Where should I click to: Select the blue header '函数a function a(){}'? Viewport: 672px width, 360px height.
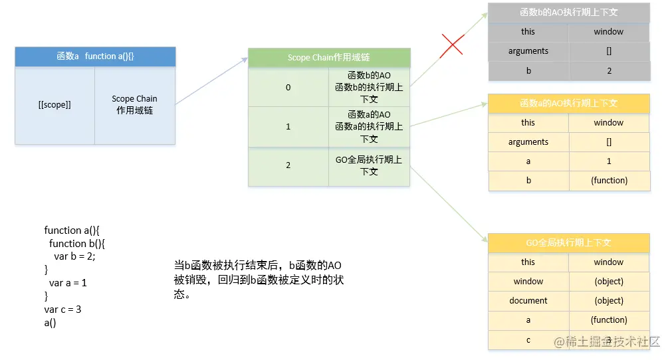(x=95, y=56)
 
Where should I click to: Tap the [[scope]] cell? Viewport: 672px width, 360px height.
(x=55, y=105)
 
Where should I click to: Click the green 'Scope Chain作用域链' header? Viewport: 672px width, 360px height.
(x=329, y=58)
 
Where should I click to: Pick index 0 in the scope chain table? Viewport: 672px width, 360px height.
(x=288, y=87)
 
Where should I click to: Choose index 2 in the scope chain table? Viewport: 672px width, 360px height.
(x=288, y=165)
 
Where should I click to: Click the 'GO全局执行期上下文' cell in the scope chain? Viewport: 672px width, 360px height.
(x=369, y=165)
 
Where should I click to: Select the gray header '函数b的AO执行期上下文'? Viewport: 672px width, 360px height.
(x=569, y=12)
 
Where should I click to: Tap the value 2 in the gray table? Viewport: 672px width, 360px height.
(x=609, y=70)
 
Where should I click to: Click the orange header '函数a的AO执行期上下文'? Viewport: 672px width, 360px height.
(x=569, y=103)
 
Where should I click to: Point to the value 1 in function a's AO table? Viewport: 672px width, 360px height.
(x=609, y=161)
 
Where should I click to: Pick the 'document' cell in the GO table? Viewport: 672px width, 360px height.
(x=528, y=301)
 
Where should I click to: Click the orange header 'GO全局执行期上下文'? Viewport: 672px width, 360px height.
(x=569, y=242)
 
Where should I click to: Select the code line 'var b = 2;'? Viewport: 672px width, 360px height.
(x=79, y=256)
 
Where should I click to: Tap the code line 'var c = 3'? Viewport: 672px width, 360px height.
(x=62, y=310)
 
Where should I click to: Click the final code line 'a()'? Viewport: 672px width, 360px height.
(x=51, y=323)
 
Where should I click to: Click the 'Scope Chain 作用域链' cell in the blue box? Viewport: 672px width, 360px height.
(x=135, y=105)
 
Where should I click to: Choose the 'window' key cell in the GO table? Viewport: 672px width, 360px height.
(x=528, y=282)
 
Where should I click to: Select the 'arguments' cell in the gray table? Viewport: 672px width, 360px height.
(x=528, y=51)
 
